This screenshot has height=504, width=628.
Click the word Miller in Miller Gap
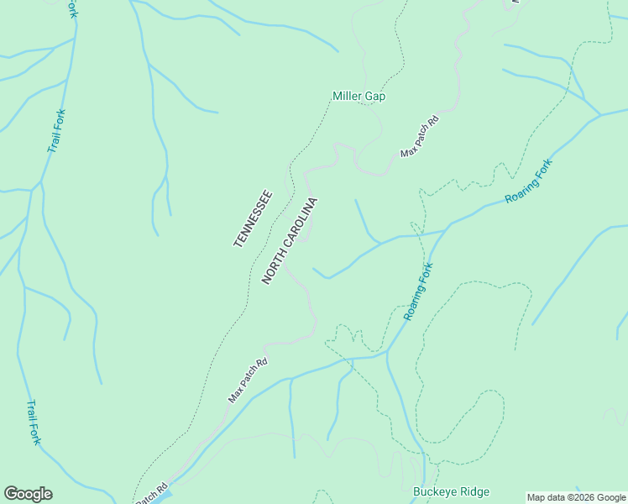347,97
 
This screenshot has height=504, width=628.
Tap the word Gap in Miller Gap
375,97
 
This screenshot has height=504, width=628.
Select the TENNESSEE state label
253,218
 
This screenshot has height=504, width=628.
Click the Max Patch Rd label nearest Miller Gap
420,137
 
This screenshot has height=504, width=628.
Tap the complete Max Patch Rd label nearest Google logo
248,380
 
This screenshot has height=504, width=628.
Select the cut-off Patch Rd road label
153,493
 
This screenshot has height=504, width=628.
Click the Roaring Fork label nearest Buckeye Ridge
417,291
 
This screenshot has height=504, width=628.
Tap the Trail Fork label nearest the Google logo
33,422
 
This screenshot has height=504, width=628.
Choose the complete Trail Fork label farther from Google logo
56,130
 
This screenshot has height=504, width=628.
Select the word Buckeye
434,491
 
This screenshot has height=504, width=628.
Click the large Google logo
28,494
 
